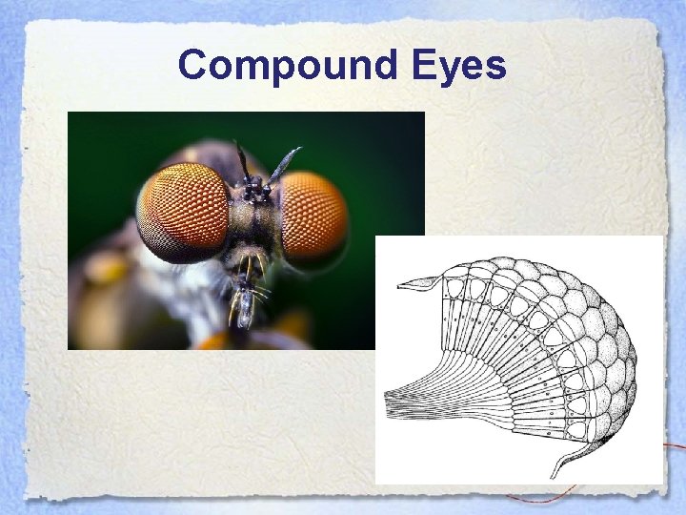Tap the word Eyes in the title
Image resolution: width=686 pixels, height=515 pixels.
pos(459,66)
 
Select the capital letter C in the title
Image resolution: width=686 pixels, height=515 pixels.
pos(193,65)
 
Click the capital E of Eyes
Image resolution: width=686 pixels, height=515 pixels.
pos(426,65)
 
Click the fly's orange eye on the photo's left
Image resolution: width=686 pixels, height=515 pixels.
pos(183,212)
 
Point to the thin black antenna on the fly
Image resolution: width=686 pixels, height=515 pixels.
pos(242,162)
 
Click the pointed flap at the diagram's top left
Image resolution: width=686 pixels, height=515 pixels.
pos(419,282)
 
